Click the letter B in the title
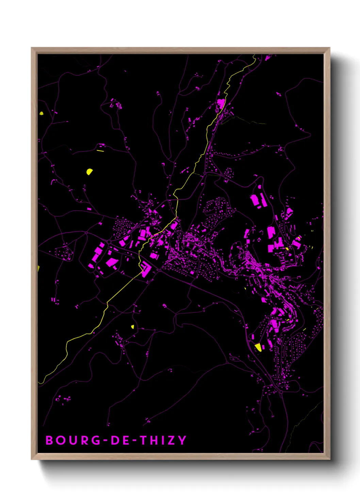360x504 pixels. [x=50, y=440]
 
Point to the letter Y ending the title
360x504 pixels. [x=182, y=440]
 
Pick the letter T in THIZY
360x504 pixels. [x=145, y=440]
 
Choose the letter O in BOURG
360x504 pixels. [x=61, y=440]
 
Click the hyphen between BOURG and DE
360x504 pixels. [x=105, y=440]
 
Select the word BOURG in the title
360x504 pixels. [x=73, y=440]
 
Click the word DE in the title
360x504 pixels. [x=120, y=440]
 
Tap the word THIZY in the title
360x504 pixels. [x=163, y=440]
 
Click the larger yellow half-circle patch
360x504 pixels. [x=89, y=172]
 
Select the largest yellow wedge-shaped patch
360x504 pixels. [x=259, y=347]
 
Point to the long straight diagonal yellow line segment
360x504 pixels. [x=124, y=286]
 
